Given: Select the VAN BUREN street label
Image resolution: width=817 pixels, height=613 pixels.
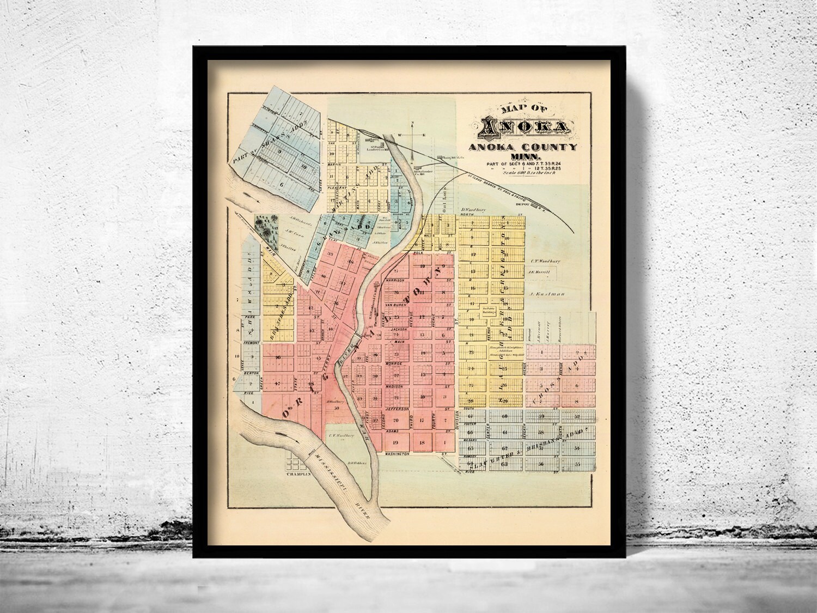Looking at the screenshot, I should click(x=397, y=306).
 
